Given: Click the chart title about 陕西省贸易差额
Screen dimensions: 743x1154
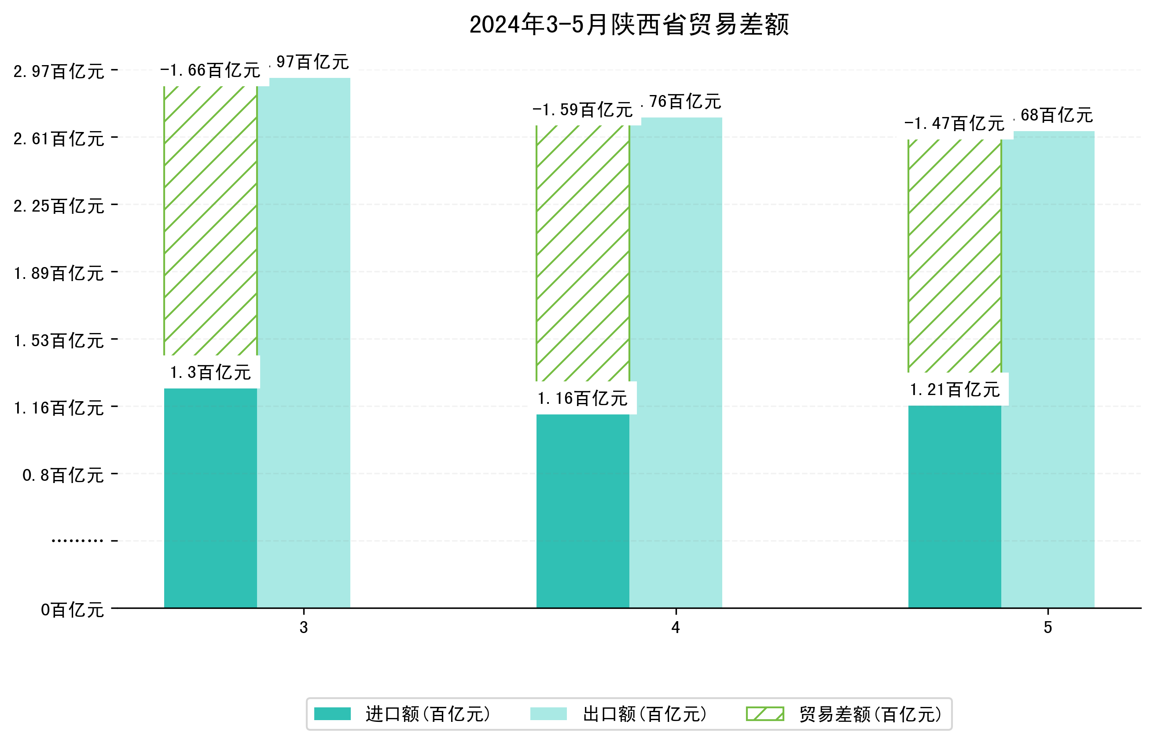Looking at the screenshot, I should tap(628, 25).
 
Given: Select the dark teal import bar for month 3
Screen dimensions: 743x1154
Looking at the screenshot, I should tap(210, 497).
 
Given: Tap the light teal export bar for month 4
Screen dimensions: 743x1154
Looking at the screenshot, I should tap(676, 362).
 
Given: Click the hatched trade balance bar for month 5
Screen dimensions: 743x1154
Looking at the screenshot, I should tap(954, 256).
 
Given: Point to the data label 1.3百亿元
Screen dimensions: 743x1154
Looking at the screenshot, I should tap(210, 373).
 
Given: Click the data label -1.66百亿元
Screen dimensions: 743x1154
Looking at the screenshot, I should tap(210, 70).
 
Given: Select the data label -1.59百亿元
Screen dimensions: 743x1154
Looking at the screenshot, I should tap(582, 110).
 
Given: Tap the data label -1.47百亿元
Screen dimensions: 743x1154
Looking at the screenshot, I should tap(954, 124).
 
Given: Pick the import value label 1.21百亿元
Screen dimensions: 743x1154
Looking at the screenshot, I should tap(954, 389).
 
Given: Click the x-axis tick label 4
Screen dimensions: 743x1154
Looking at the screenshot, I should tap(676, 627).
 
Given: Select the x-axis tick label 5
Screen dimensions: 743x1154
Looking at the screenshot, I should tap(1048, 627).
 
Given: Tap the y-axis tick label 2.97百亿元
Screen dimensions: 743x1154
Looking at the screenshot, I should tap(59, 71).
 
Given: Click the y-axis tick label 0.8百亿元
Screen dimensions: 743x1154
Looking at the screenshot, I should tap(63, 475).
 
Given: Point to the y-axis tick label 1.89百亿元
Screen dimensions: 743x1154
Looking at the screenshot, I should tap(59, 274).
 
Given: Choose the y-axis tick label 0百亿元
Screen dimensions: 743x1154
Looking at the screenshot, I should tap(72, 610).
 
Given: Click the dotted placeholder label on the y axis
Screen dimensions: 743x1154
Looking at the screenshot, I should tap(77, 541).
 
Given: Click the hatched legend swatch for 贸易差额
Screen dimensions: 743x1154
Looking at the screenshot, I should tap(764, 714).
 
